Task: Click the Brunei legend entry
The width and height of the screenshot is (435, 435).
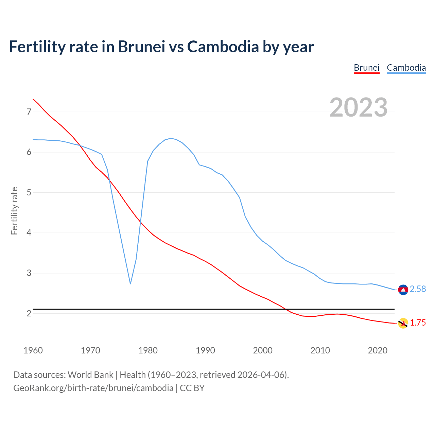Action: (366, 68)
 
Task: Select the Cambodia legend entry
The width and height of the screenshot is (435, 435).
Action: (406, 68)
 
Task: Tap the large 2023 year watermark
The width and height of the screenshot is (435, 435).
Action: (359, 107)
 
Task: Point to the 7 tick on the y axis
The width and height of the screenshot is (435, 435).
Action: (29, 112)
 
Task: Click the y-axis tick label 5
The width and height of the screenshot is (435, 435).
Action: (29, 193)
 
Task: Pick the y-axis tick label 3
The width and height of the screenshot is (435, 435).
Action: (29, 273)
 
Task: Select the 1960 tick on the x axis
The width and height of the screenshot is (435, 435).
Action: (33, 350)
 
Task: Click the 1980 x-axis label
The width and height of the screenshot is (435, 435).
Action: (148, 350)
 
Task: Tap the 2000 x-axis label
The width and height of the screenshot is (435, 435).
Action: (263, 350)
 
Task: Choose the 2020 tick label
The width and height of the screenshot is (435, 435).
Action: (378, 350)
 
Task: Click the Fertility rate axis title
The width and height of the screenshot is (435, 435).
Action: (14, 211)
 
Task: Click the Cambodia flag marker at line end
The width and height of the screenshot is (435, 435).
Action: (403, 290)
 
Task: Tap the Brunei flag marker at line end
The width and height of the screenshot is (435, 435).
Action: (403, 323)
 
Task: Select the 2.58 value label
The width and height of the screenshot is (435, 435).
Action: (418, 289)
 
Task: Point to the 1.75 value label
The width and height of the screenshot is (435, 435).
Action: (418, 323)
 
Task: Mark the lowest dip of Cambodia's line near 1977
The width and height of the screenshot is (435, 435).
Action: (130, 284)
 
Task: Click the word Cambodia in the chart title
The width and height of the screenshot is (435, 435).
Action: (223, 47)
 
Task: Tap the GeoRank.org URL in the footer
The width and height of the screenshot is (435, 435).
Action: (93, 388)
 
